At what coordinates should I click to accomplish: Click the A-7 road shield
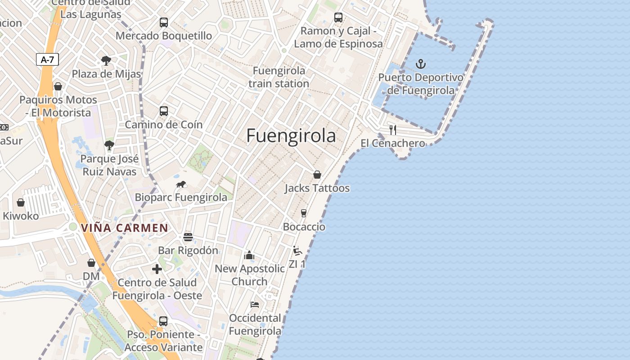tap(47, 59)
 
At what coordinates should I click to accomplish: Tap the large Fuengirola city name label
tap(291, 136)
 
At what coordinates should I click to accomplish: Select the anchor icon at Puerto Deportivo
tap(421, 64)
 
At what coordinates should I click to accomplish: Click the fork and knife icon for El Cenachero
tap(393, 130)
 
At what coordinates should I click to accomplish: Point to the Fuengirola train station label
tap(279, 77)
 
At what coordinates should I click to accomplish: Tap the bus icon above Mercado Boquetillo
tap(164, 22)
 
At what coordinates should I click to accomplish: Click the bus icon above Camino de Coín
tap(164, 111)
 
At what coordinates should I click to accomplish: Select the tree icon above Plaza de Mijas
tap(106, 60)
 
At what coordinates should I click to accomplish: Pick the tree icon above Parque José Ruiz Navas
tap(109, 145)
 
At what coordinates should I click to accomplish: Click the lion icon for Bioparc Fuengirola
tap(181, 184)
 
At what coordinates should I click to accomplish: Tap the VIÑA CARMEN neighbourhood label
tap(125, 228)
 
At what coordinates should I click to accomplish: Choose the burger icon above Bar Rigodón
tap(188, 237)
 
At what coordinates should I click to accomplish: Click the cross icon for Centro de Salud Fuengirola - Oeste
tap(157, 269)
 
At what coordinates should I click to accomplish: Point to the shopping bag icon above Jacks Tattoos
tap(317, 175)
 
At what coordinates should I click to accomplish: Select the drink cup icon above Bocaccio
tap(304, 213)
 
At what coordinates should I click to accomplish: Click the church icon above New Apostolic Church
tap(249, 256)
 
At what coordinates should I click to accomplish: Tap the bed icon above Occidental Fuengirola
tap(255, 305)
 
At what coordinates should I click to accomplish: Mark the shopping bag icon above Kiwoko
tap(21, 203)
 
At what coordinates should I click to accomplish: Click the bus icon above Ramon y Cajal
tap(338, 18)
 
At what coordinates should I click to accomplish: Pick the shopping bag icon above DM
tap(91, 263)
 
